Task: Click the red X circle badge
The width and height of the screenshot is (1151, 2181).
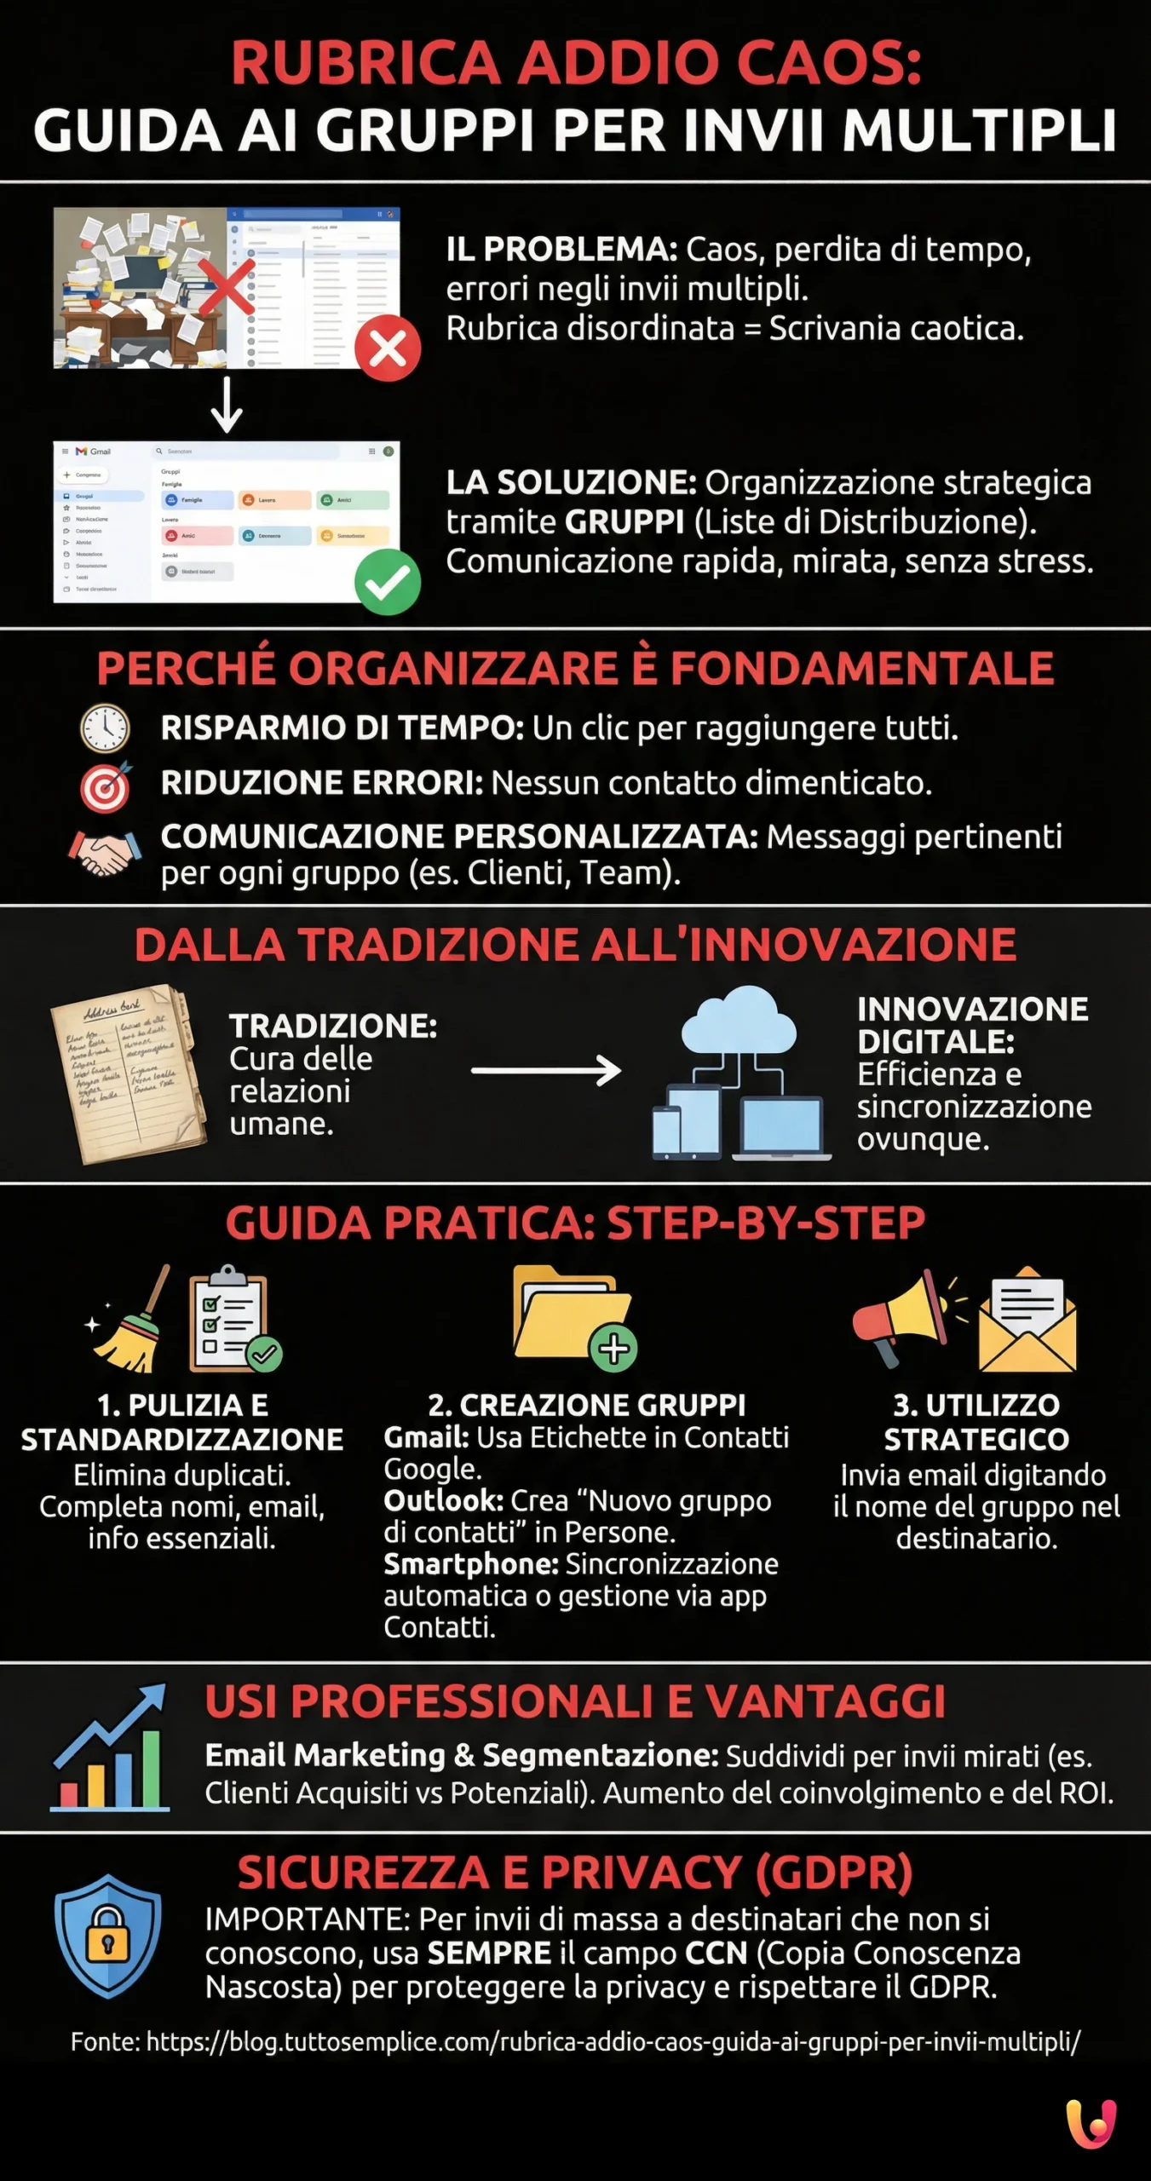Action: click(388, 348)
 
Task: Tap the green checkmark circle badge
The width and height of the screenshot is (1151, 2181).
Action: click(388, 582)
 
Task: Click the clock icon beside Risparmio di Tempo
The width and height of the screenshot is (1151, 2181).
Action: click(105, 728)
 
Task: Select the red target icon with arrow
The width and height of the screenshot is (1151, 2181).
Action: click(106, 786)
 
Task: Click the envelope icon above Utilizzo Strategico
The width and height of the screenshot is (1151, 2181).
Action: click(1027, 1321)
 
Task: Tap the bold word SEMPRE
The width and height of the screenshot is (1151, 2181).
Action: click(489, 1954)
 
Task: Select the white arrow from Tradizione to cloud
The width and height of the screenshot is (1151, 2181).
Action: click(546, 1070)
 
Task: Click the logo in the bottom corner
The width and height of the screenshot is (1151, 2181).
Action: click(1091, 2124)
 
